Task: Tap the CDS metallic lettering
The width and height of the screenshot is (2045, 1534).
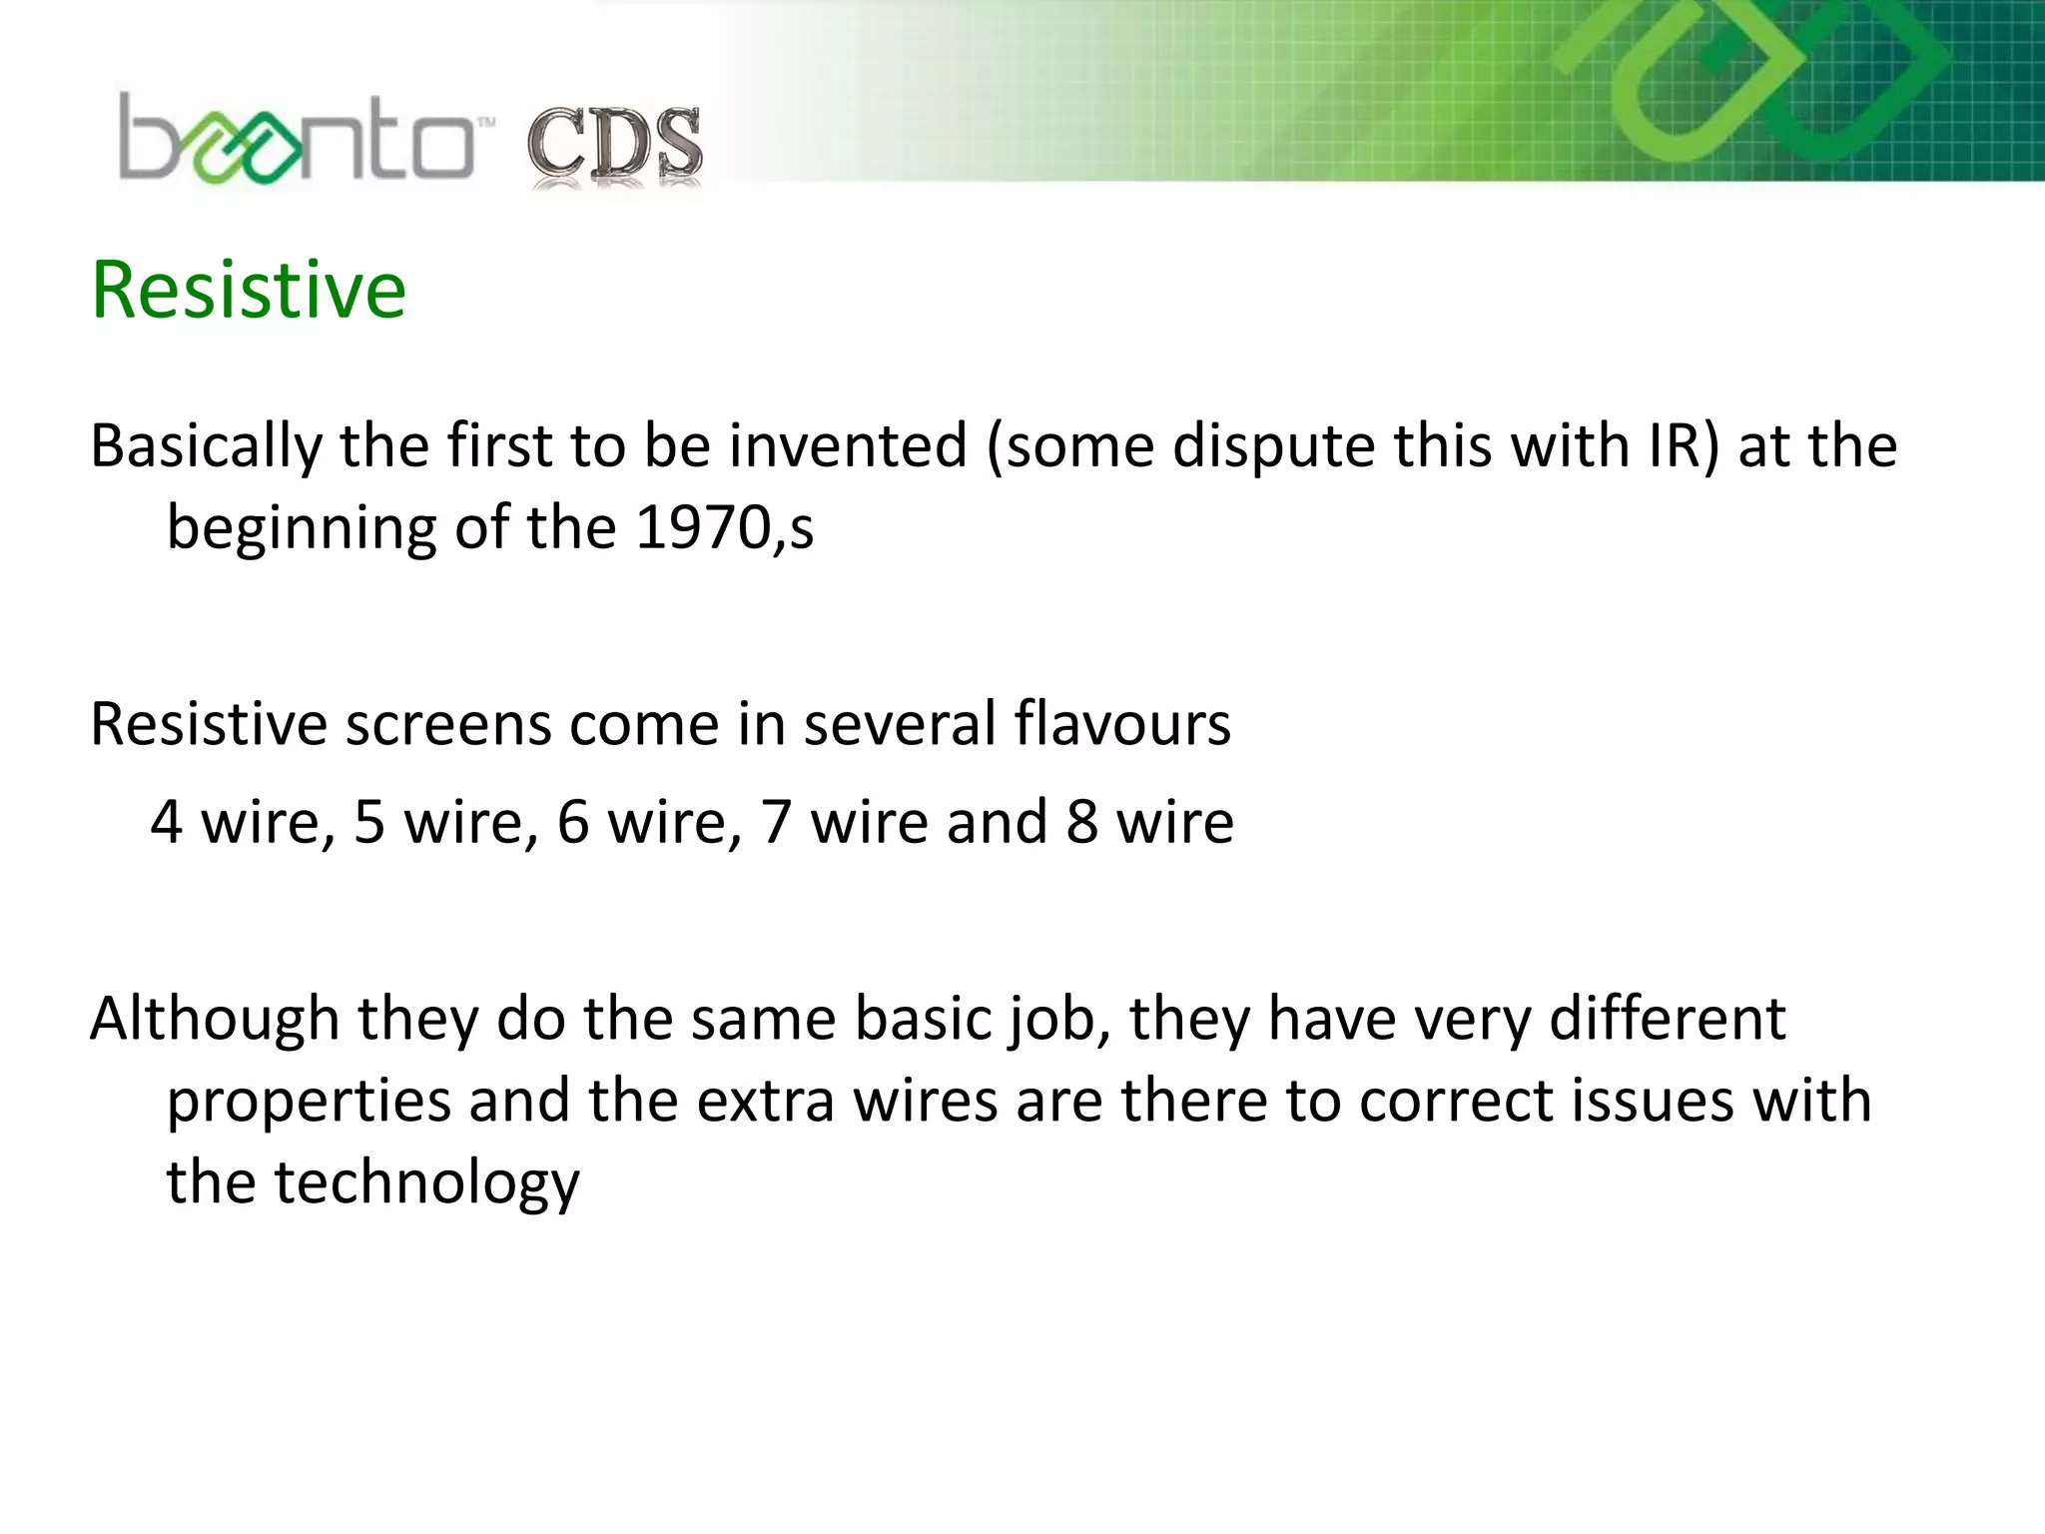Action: click(x=614, y=147)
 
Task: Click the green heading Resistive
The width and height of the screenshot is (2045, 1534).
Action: click(x=249, y=290)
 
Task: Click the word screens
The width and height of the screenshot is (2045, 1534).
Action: click(x=447, y=724)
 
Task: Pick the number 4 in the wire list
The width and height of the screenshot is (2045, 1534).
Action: click(x=167, y=822)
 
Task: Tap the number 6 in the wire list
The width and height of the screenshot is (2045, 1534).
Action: click(x=573, y=822)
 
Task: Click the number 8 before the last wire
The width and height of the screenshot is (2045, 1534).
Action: click(x=1081, y=822)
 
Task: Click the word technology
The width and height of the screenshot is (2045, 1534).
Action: click(x=426, y=1183)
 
